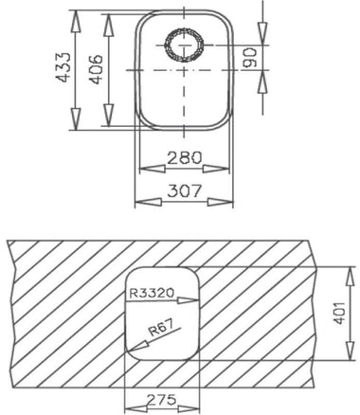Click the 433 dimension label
pyautogui.click(x=63, y=67)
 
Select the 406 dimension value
pyautogui.click(x=96, y=69)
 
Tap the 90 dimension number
pyautogui.click(x=249, y=58)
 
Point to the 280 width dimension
pyautogui.click(x=184, y=157)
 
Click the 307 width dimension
pyautogui.click(x=184, y=190)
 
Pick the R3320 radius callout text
pyautogui.click(x=152, y=294)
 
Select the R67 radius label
pyautogui.click(x=160, y=328)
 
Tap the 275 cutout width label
pyautogui.click(x=161, y=400)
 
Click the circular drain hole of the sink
pyautogui.click(x=185, y=45)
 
